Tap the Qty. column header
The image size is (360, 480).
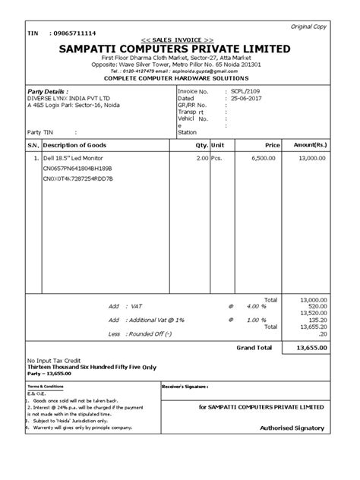click(201, 144)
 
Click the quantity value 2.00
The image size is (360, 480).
click(201, 159)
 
